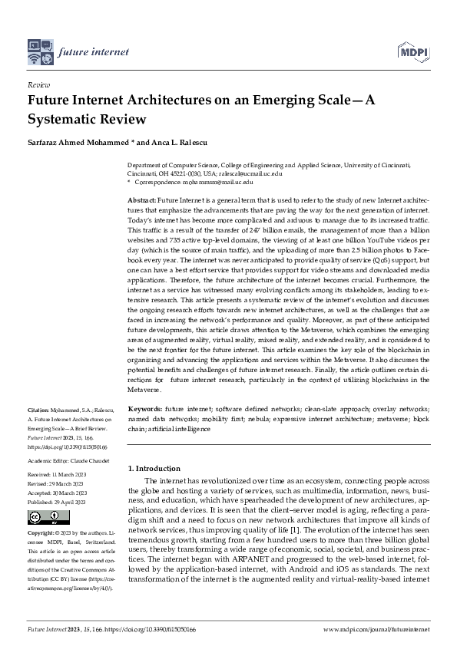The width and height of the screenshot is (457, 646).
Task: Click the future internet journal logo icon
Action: coord(39,51)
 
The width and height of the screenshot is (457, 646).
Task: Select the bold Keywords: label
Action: coord(144,410)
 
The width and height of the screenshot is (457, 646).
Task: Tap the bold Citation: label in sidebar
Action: coord(40,412)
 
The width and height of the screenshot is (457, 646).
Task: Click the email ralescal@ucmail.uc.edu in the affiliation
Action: coord(253,174)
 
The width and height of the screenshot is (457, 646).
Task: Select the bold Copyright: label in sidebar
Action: coord(43,532)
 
